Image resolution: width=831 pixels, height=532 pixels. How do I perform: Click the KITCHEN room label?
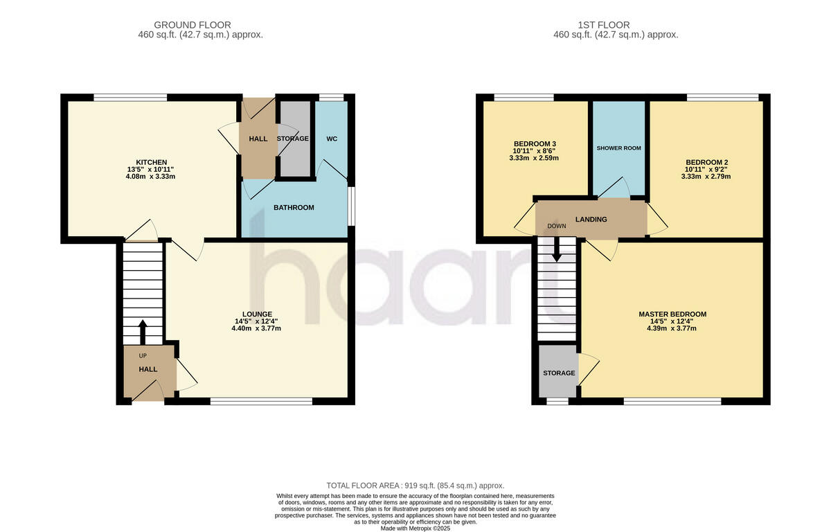pos(152,162)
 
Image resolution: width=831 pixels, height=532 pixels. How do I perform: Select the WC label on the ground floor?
pos(332,139)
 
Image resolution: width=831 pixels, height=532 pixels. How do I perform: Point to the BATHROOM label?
pos(294,208)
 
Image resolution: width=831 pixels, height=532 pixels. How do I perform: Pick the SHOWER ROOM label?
pos(618,148)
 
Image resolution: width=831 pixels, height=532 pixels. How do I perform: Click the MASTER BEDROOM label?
pos(672,314)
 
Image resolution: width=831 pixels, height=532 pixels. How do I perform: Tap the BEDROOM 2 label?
pos(706,163)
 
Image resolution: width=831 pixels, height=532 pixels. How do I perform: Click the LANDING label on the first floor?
pos(591,220)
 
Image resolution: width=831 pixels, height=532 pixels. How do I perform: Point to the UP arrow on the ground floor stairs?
pos(143,331)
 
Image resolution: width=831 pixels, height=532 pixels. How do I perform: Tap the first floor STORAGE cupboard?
pos(559,373)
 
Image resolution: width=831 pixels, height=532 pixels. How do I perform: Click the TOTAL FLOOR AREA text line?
pos(415,486)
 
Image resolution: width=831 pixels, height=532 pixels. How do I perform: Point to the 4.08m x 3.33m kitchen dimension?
pos(152,176)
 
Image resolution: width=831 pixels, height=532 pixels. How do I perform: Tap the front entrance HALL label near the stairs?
pos(148,369)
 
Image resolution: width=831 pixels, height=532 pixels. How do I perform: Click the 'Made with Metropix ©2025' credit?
pos(415,528)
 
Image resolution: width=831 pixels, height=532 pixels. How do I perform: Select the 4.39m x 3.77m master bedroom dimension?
pos(672,328)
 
